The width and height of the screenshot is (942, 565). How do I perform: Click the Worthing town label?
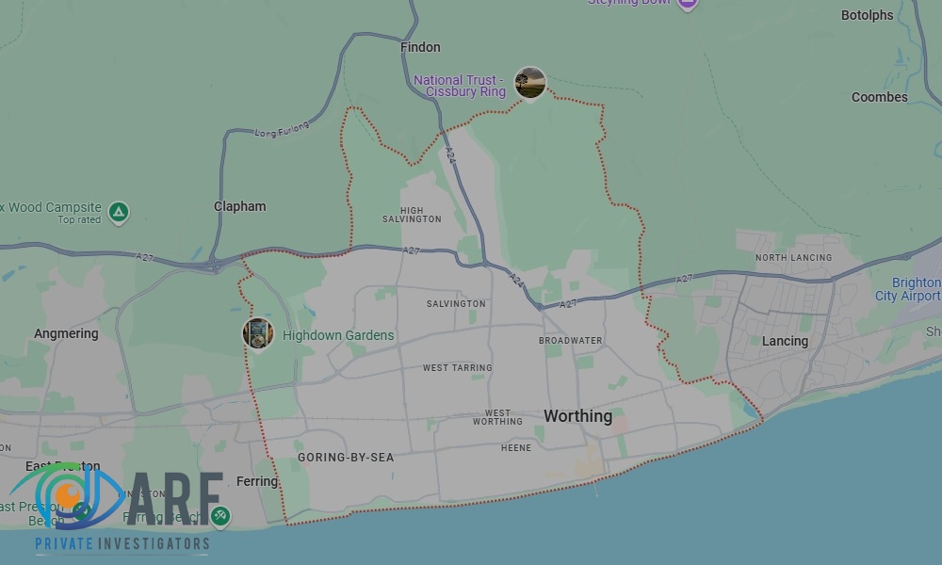[x=577, y=416]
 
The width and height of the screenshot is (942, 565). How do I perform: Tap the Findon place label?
[x=420, y=47]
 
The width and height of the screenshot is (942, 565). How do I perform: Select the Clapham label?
[x=240, y=206]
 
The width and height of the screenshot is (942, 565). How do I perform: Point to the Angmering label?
[x=66, y=333]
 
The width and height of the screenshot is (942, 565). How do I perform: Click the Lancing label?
[x=785, y=341]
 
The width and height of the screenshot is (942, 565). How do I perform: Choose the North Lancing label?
[x=793, y=257]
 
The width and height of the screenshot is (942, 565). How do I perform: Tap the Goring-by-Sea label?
[x=346, y=458]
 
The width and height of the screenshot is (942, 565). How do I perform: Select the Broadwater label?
[x=570, y=340]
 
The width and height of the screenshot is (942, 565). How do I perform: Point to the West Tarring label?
[x=457, y=368]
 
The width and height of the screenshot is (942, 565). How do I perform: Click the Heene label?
[x=516, y=448]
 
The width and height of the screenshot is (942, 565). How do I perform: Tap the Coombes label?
[x=880, y=97]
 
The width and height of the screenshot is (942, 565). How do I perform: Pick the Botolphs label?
[x=867, y=15]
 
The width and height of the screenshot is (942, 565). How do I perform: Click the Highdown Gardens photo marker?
[x=258, y=333]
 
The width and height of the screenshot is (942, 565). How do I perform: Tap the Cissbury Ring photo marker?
[x=530, y=83]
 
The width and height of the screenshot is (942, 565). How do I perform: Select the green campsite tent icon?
[x=119, y=212]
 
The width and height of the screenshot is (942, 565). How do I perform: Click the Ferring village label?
[x=257, y=481]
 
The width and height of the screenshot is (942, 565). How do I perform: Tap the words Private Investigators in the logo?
[x=122, y=543]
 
